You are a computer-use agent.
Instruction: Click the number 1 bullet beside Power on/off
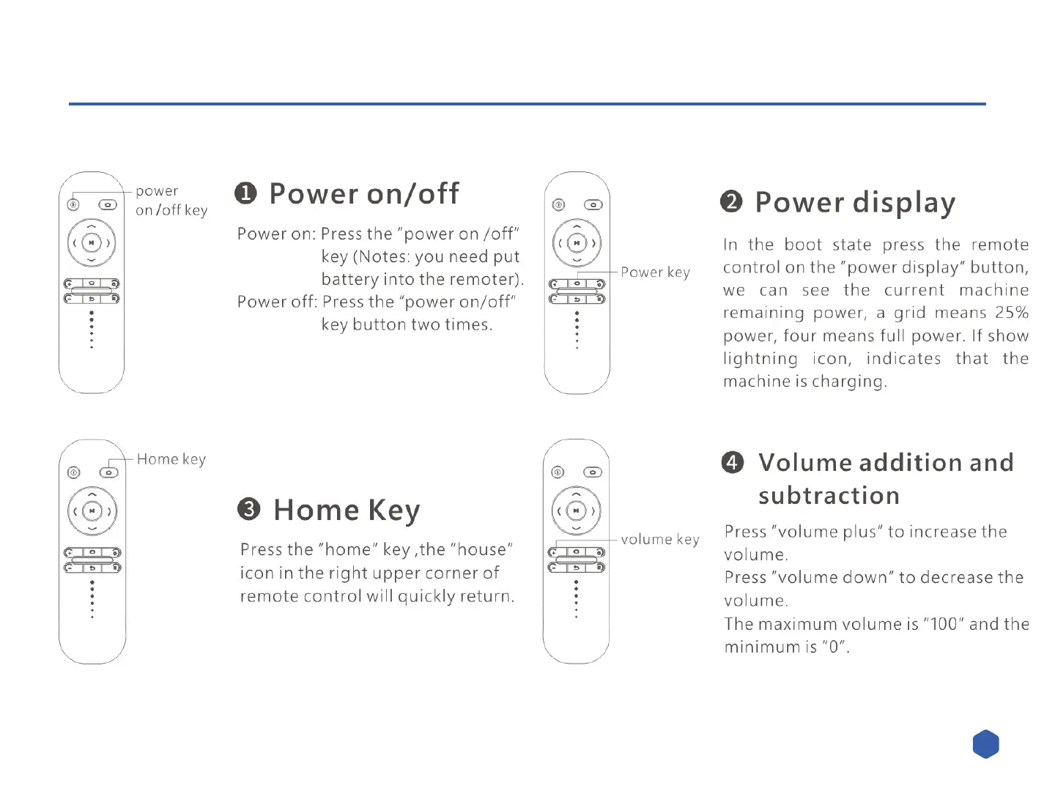coord(245,193)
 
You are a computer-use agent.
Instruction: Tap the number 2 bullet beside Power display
coord(731,201)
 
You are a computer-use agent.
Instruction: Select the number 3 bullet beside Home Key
coord(249,509)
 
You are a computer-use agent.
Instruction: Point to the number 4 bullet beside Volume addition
coord(733,462)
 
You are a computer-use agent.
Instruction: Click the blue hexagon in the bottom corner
coord(985,744)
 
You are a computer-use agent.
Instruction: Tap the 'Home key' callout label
coord(171,459)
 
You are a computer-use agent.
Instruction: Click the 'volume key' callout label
coord(659,540)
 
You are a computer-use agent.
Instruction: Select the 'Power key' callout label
coord(655,272)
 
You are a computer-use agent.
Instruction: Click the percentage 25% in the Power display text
coord(1012,313)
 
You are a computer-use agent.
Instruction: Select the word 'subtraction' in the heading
coord(829,496)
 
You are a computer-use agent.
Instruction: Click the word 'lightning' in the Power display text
coord(760,359)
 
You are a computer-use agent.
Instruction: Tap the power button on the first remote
coord(73,205)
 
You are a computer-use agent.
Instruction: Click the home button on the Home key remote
coord(108,472)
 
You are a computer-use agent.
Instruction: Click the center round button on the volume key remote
coord(577,510)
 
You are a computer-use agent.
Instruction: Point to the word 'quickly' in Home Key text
coord(426,596)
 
